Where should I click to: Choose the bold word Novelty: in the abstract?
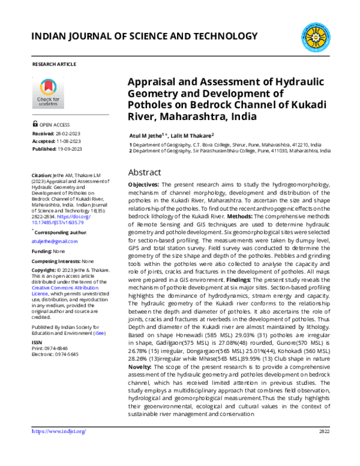[x=144, y=365]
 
